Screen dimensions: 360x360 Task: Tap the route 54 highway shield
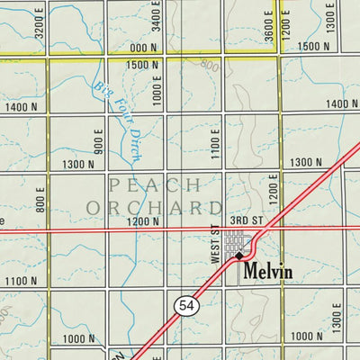click(185, 307)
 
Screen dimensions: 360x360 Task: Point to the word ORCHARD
click(155, 208)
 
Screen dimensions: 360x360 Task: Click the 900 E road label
click(98, 140)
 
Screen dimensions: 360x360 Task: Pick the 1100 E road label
click(216, 142)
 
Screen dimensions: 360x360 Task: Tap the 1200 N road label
click(142, 221)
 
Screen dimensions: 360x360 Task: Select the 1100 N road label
click(21, 281)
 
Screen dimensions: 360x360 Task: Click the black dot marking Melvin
click(239, 256)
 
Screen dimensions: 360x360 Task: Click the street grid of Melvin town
click(236, 241)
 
